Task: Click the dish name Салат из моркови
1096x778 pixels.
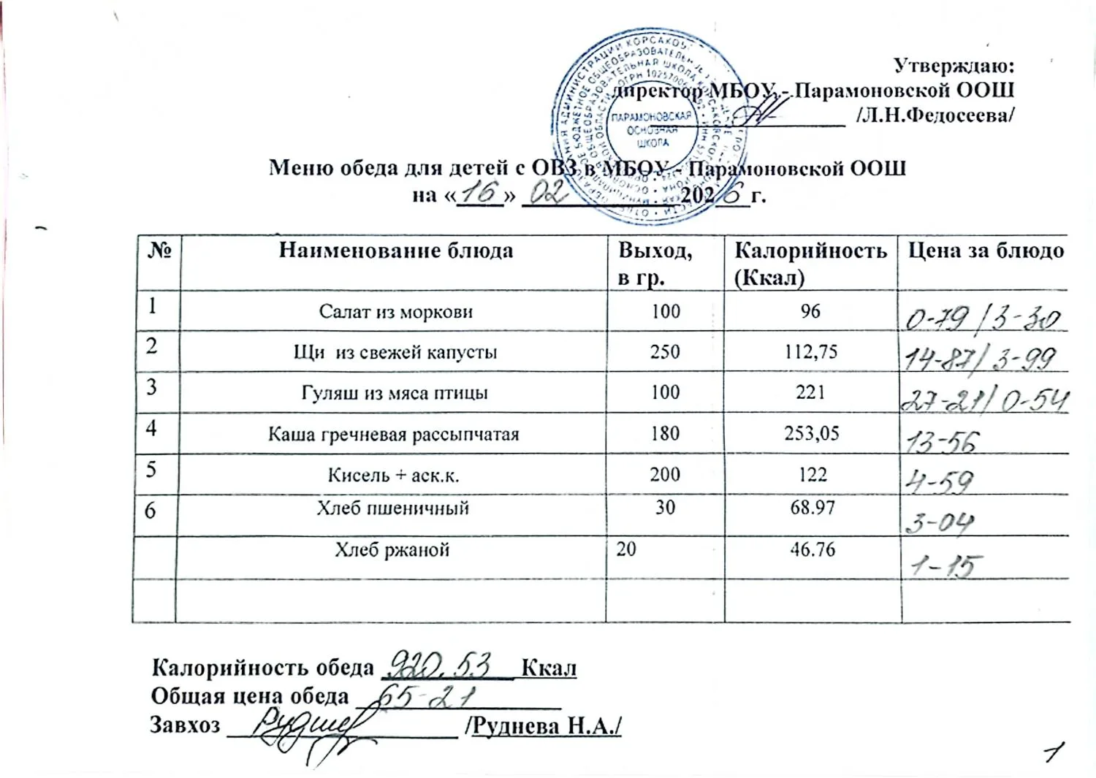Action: tap(395, 312)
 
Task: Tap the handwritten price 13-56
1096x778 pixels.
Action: tap(942, 441)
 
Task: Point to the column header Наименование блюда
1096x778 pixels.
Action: tap(395, 251)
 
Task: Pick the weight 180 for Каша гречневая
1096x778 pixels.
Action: tap(665, 434)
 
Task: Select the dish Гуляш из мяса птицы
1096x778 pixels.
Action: tap(395, 393)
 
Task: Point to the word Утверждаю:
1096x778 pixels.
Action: tap(954, 66)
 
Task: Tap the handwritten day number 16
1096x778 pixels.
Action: tap(479, 193)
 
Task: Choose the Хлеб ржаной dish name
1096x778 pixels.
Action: tap(392, 549)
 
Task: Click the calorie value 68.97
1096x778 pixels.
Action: tap(812, 507)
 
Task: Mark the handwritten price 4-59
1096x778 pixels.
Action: tap(940, 481)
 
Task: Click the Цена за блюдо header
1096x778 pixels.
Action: tap(984, 251)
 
